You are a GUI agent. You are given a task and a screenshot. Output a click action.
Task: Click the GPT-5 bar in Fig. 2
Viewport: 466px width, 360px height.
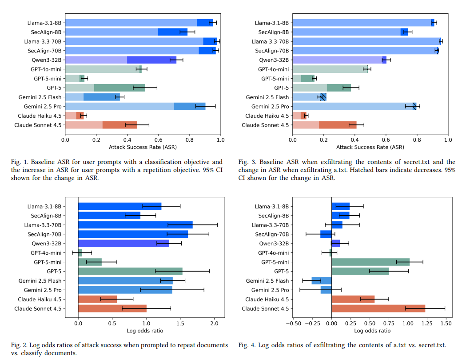point(130,271)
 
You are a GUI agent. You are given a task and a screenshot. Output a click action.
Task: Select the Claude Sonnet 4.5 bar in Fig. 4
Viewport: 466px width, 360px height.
point(378,308)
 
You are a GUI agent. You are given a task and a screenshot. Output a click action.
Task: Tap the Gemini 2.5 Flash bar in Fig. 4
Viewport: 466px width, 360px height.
point(322,280)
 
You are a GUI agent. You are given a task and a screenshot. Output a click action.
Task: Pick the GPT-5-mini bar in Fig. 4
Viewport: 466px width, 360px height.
point(370,262)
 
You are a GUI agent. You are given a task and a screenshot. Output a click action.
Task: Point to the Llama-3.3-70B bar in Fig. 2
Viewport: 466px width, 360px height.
point(135,225)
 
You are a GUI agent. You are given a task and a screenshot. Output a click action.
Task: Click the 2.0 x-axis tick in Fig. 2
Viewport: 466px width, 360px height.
point(215,324)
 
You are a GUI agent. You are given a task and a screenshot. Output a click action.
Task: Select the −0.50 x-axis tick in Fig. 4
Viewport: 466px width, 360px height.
point(293,324)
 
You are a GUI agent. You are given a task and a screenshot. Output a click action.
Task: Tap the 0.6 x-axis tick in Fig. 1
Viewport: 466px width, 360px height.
point(159,139)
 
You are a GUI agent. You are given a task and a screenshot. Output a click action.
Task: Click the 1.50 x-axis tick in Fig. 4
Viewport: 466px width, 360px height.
point(445,324)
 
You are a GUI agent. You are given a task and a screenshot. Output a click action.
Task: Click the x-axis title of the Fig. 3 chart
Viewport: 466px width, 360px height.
point(370,147)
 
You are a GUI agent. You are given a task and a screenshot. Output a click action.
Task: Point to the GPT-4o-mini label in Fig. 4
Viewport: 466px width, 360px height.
point(273,252)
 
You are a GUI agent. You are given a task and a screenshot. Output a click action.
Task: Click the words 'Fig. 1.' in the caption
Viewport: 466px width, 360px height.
point(19,162)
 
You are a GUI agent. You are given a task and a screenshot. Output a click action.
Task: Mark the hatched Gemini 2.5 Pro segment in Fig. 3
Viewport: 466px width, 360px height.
point(414,106)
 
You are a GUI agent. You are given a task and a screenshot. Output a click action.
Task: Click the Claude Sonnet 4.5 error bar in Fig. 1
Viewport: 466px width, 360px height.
point(137,125)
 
